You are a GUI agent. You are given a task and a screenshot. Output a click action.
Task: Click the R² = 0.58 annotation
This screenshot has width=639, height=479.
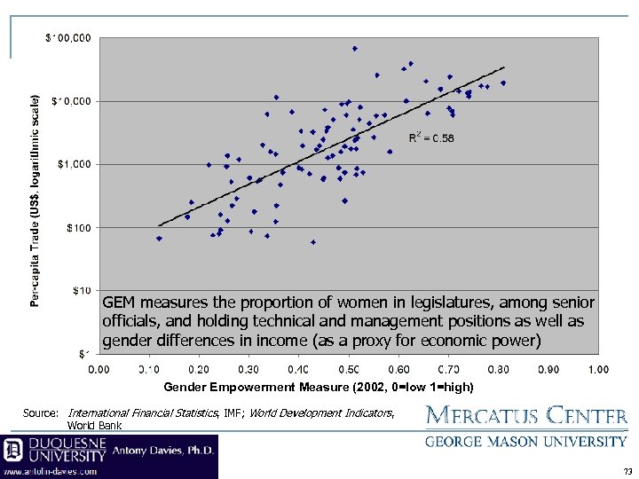(431, 137)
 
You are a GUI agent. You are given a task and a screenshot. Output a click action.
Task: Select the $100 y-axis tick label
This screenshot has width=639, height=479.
(78, 228)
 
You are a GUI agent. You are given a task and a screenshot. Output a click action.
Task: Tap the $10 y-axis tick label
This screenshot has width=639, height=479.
(80, 290)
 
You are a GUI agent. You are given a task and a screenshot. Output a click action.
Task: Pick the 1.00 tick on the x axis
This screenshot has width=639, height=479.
(597, 368)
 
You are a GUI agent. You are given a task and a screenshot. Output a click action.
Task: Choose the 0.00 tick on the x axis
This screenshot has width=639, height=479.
(99, 368)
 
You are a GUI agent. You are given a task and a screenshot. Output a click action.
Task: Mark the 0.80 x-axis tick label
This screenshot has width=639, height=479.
(498, 368)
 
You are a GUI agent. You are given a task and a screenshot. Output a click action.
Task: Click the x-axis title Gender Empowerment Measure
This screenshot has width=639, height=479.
(319, 388)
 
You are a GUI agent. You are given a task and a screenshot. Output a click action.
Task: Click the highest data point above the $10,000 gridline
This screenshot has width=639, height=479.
(354, 49)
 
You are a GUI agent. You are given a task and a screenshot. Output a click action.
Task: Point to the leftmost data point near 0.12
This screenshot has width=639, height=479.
(159, 239)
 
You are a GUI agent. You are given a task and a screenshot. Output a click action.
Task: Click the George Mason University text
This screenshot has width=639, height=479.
(527, 441)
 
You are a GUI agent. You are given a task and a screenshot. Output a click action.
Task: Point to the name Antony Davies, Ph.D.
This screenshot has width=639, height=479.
(163, 452)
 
